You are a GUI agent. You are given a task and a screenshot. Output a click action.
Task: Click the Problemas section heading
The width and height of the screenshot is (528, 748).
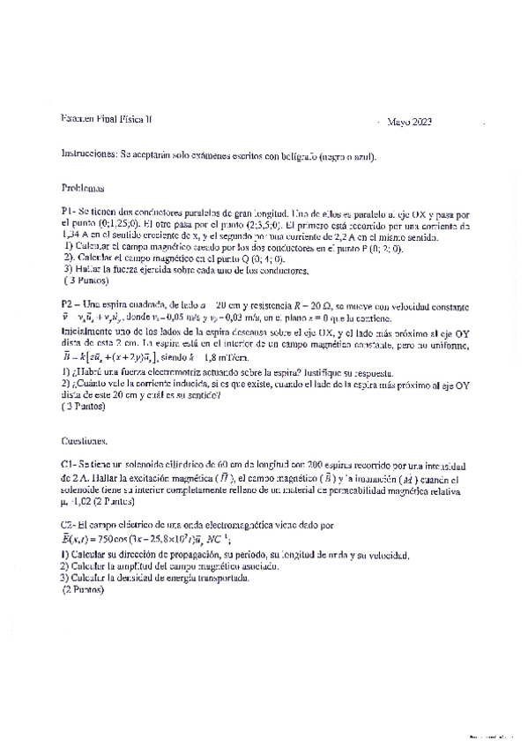[84, 188]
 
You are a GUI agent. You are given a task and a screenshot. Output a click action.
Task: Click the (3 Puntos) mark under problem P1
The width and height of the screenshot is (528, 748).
[86, 281]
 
